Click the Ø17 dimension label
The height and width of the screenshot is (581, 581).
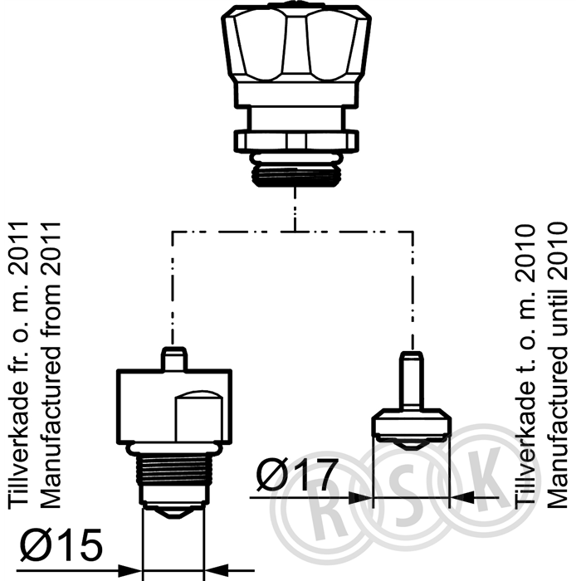coord(297,475)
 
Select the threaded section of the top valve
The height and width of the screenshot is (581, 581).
coord(295,175)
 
